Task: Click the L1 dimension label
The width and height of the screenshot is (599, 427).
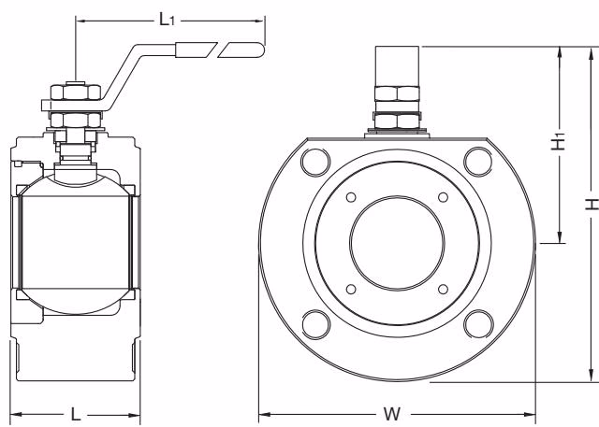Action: click(167, 19)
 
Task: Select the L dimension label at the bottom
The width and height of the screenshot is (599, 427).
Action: click(76, 414)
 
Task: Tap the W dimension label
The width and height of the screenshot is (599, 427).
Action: click(391, 414)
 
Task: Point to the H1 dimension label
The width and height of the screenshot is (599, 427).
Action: click(559, 141)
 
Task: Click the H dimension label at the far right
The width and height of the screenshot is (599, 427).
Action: click(592, 204)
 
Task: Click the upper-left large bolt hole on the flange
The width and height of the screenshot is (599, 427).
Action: click(315, 162)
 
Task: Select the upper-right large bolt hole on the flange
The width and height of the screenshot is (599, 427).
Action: click(478, 162)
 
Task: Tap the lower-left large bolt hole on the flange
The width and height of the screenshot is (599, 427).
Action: click(316, 324)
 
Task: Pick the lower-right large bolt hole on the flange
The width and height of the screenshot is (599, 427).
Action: click(478, 324)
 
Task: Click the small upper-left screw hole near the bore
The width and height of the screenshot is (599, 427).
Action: click(351, 197)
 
